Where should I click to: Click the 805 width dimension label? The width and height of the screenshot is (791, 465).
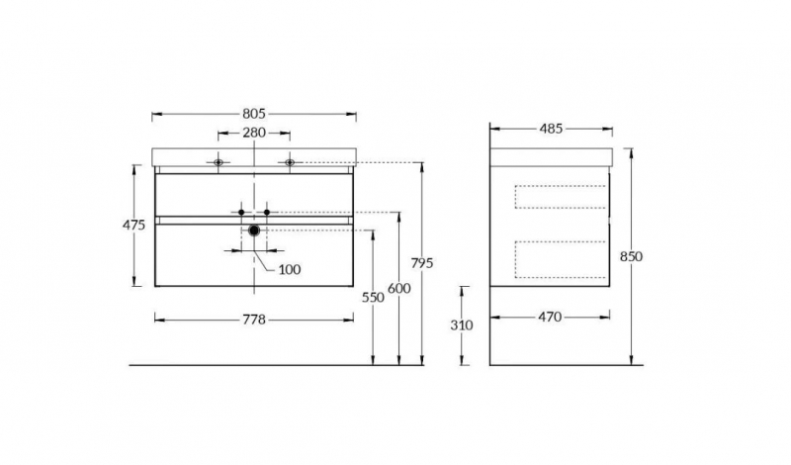tap(254, 114)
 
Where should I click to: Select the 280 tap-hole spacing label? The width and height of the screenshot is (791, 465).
tap(254, 133)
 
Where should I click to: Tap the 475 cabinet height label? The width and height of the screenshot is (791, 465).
tap(133, 225)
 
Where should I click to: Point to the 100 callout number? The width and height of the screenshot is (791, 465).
tap(290, 270)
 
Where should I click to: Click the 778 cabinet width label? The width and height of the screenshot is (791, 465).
tap(254, 320)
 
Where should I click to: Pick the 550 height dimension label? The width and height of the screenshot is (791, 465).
tap(373, 298)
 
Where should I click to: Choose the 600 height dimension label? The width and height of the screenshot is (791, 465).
tap(399, 288)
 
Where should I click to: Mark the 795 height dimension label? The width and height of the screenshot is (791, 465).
tap(422, 263)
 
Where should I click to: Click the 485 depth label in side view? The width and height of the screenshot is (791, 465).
tap(551, 129)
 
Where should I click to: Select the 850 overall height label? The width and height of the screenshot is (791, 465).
tap(631, 256)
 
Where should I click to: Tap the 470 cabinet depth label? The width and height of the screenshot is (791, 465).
tap(550, 317)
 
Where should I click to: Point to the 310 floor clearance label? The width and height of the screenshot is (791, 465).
tap(462, 325)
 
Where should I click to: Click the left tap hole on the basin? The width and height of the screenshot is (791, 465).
tap(218, 162)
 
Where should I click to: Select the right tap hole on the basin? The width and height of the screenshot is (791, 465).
tap(290, 162)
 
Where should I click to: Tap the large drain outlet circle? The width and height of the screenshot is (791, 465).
tap(254, 231)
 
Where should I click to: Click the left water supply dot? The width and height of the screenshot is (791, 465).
tap(241, 212)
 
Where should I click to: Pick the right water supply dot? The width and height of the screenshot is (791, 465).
tap(267, 212)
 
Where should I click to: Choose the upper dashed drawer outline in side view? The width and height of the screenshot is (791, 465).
tap(560, 197)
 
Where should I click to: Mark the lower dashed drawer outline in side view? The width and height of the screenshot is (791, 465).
tap(560, 259)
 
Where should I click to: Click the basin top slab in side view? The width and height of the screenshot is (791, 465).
tap(552, 157)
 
